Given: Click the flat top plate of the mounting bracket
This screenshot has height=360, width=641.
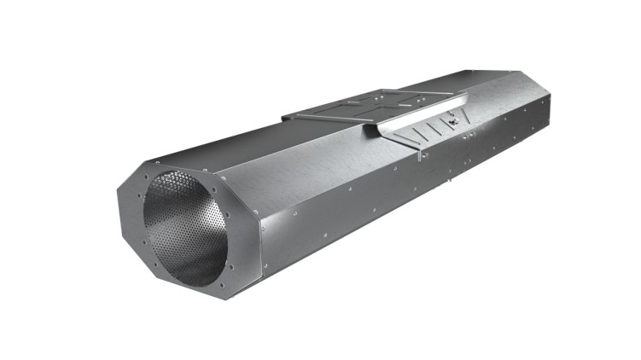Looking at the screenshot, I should point(367,106).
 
